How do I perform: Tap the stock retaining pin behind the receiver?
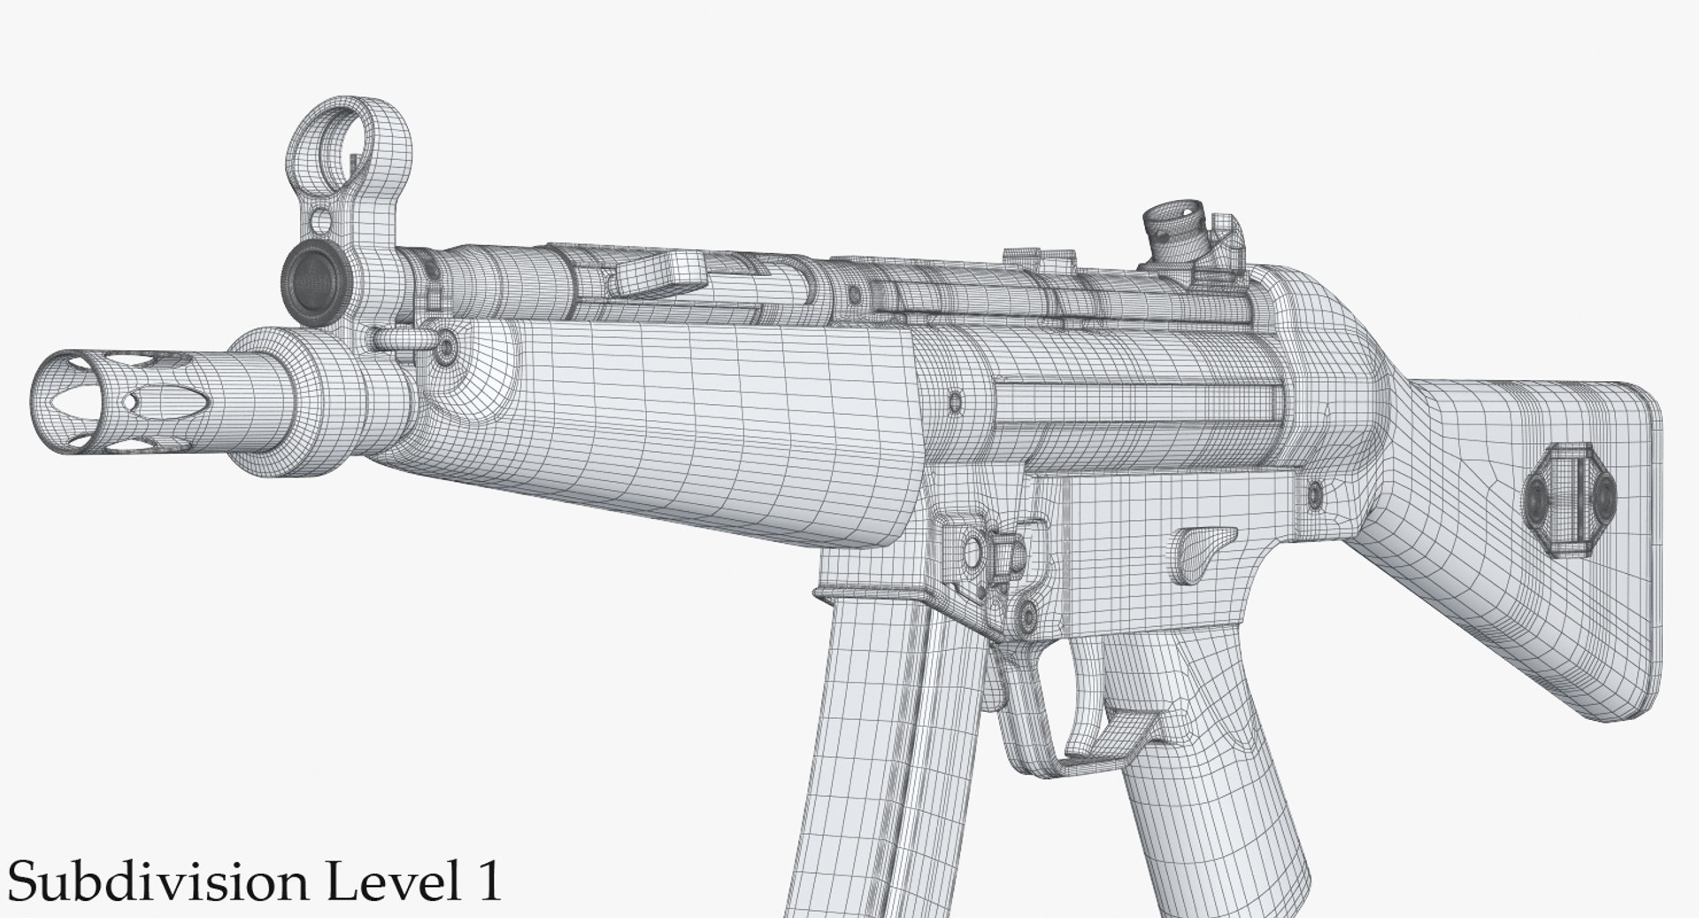(x=1315, y=492)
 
